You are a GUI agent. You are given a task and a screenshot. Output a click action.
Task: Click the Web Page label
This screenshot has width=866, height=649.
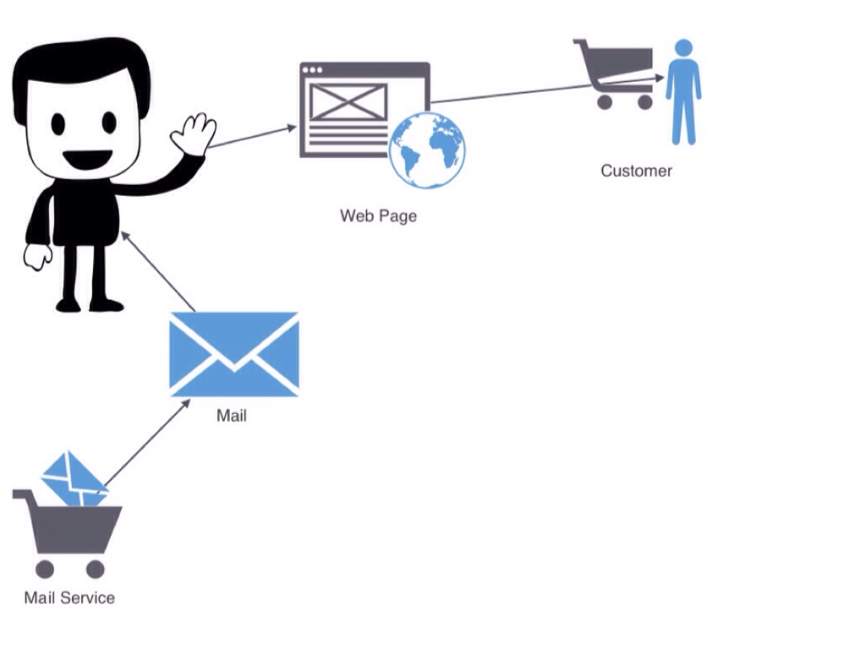click(x=378, y=215)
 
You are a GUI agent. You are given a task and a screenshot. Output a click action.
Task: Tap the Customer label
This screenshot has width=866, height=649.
click(x=636, y=171)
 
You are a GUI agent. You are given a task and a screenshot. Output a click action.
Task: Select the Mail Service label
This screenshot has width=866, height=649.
click(x=69, y=597)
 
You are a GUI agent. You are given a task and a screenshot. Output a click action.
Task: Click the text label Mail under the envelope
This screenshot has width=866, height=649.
click(x=232, y=415)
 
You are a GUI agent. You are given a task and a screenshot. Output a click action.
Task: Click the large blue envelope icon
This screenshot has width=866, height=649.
click(x=233, y=354)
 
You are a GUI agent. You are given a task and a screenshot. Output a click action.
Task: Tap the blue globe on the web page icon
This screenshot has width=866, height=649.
click(x=427, y=150)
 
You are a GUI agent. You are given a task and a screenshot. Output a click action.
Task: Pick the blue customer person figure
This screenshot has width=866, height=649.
click(x=683, y=97)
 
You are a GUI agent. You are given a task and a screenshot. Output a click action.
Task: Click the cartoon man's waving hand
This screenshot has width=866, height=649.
click(x=195, y=134)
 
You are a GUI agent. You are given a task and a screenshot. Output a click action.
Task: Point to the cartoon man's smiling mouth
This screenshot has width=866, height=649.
click(x=87, y=158)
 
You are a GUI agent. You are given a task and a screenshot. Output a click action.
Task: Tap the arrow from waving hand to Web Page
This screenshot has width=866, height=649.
click(x=252, y=138)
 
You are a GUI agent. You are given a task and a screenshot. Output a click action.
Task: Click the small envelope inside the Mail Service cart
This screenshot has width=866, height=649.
click(x=73, y=478)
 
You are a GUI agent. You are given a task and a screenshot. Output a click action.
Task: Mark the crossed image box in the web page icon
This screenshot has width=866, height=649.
click(x=348, y=102)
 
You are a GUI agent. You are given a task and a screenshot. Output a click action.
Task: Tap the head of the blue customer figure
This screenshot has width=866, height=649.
click(x=683, y=47)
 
